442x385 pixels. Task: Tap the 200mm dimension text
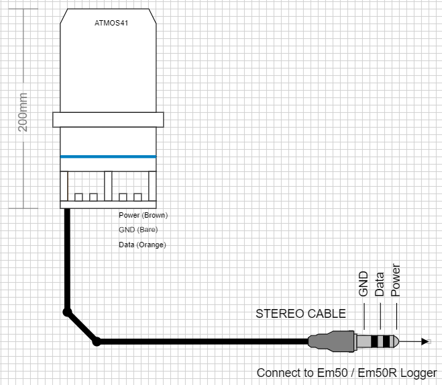23,112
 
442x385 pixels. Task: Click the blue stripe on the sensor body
108,157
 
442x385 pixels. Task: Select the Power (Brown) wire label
143,216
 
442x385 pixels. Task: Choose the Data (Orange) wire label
142,245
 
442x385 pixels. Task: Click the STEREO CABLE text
301,314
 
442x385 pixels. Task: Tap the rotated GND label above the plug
363,284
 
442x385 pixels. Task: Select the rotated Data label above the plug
380,284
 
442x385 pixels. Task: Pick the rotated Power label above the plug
396,279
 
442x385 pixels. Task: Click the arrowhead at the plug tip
425,342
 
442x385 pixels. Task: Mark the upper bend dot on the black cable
66,312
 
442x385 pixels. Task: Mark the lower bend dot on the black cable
97,342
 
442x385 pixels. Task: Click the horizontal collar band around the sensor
108,120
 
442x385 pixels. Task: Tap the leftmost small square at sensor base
78,197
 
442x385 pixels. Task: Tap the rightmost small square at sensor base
138,197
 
